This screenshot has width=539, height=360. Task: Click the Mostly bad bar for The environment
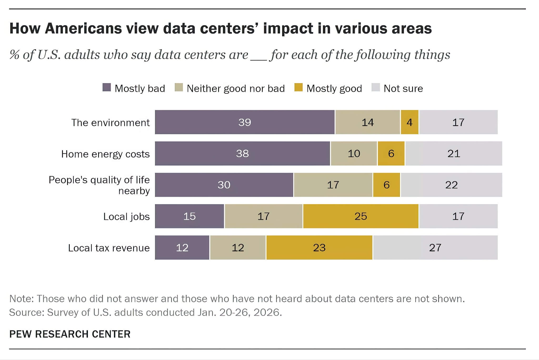click(x=245, y=122)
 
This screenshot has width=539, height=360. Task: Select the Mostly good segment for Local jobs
click(x=361, y=216)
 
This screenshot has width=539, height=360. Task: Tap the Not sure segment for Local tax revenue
click(x=435, y=247)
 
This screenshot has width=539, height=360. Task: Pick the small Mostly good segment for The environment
click(x=410, y=122)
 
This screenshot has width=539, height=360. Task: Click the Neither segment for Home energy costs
click(x=354, y=153)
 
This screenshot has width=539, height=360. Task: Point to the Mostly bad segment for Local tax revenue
click(x=182, y=247)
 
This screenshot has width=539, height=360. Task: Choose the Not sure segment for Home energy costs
click(x=453, y=153)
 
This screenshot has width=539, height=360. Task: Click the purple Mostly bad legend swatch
click(x=107, y=87)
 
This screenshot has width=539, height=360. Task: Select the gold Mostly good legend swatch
click(x=298, y=87)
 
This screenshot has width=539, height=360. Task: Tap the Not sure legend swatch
click(x=376, y=87)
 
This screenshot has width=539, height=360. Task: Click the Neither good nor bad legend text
click(x=236, y=88)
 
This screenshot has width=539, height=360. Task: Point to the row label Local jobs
click(x=126, y=216)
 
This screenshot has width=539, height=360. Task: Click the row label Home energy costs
click(x=105, y=154)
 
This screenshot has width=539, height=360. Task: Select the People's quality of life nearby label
click(x=99, y=185)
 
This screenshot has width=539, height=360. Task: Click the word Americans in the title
click(x=83, y=28)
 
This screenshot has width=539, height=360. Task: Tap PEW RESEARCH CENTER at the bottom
click(x=70, y=334)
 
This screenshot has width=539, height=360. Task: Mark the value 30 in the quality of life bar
click(x=224, y=185)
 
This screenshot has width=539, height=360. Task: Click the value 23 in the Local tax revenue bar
click(x=319, y=247)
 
